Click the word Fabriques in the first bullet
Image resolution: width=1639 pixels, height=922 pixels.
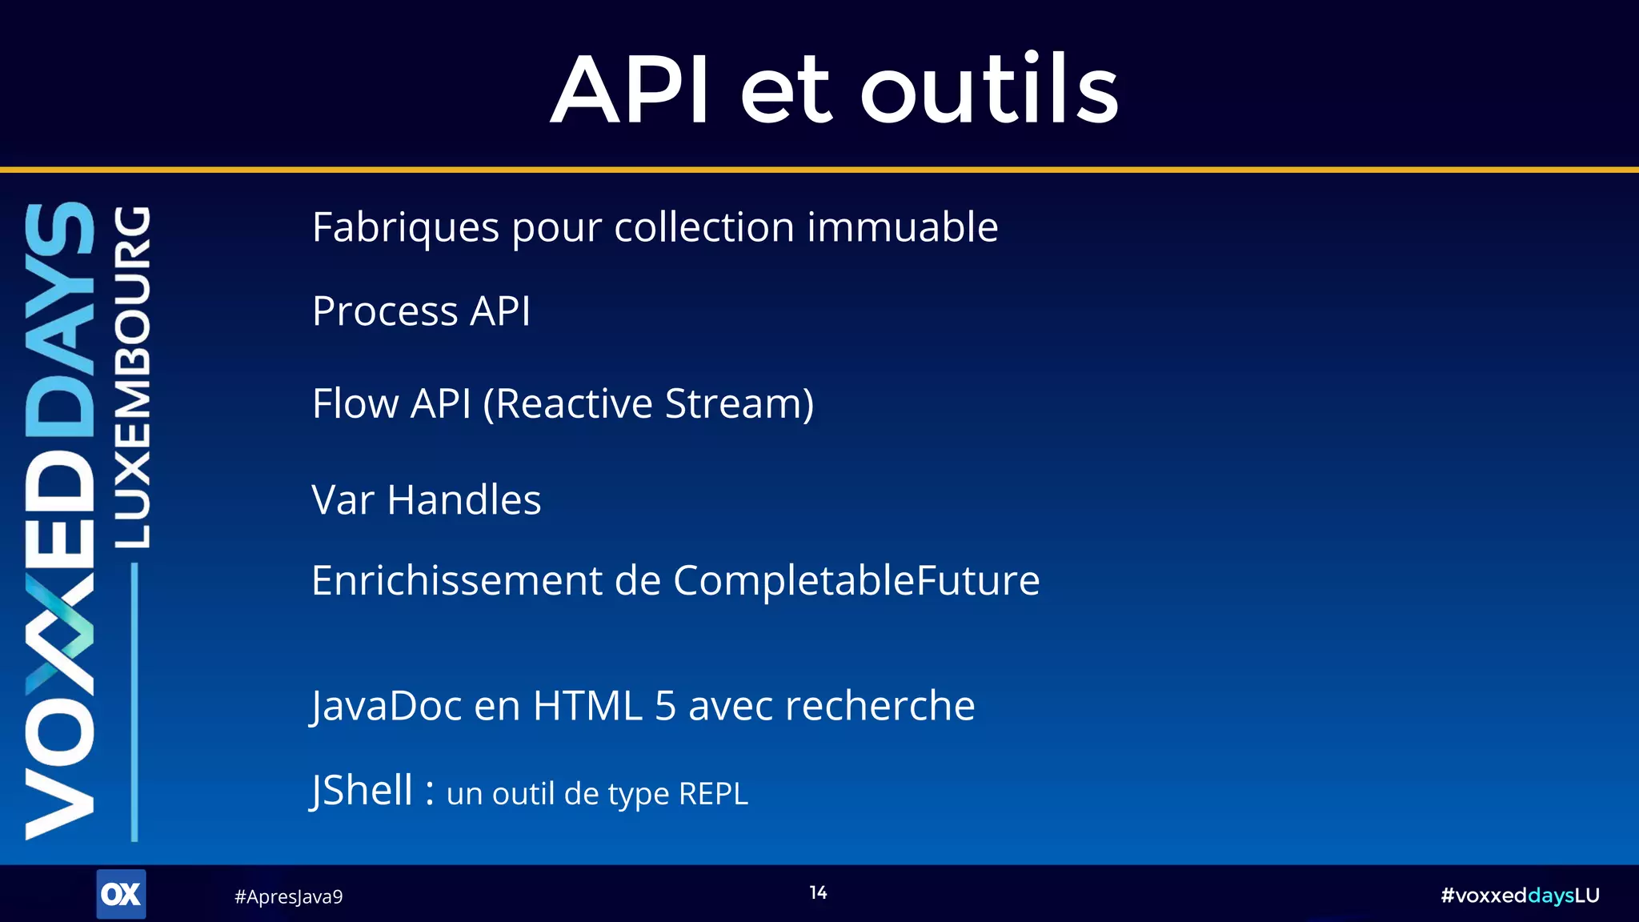pos(406,228)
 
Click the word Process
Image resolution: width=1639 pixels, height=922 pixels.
pos(385,311)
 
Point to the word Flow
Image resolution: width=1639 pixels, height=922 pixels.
pos(355,403)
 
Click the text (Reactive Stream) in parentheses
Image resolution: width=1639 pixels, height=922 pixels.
pos(648,403)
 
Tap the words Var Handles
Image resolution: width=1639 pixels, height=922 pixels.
pos(426,500)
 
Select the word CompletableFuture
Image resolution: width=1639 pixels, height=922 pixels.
pos(856,580)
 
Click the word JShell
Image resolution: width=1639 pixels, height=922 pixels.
pos(362,791)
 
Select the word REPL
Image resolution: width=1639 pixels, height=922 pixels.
pos(712,794)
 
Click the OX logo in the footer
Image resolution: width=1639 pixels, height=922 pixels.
pos(121,894)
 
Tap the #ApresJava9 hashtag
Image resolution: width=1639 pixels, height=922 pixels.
pos(288,896)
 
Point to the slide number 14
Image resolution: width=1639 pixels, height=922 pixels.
pos(818,892)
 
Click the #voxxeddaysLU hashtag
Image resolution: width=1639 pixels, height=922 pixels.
pos(1519,896)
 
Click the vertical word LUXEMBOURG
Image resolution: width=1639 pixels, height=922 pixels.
pos(133,377)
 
